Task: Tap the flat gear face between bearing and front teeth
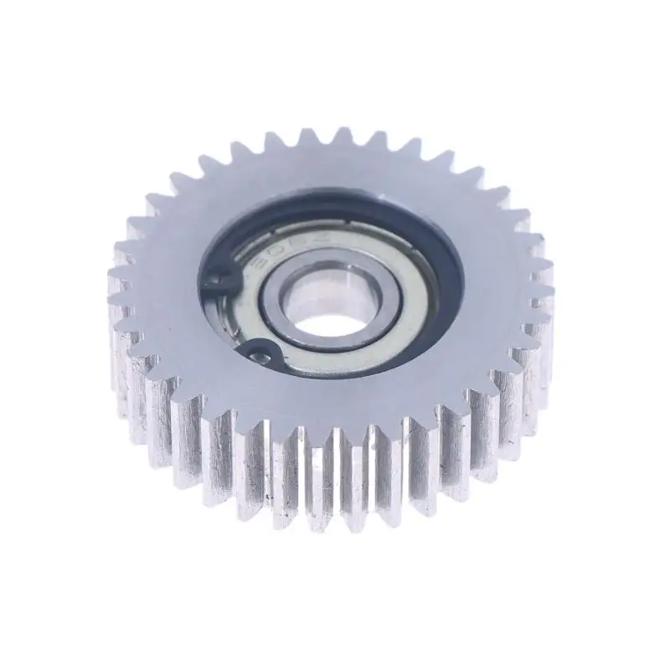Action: point(352,402)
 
